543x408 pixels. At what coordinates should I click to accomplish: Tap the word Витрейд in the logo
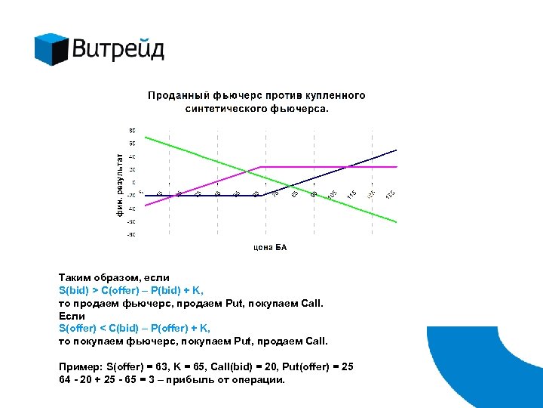118,50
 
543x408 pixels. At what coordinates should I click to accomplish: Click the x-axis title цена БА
269,247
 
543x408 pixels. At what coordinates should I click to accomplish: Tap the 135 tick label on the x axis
389,195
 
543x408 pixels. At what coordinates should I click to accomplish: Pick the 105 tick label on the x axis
332,195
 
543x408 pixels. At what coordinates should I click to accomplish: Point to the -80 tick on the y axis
131,235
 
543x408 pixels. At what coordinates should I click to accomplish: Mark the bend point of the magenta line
261,167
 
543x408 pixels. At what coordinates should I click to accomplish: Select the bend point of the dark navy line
260,195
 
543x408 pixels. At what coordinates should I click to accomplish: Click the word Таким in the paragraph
73,278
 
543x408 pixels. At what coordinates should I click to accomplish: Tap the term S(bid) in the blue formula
74,289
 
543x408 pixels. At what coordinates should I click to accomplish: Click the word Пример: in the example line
78,367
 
